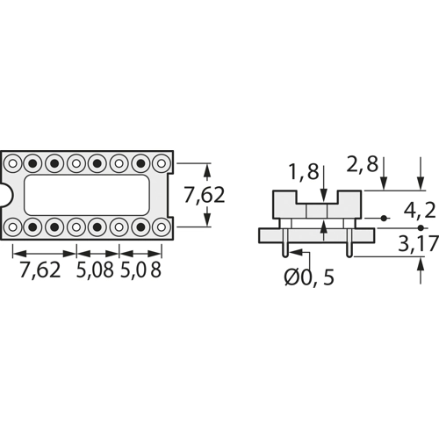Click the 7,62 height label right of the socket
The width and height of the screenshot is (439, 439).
pyautogui.click(x=204, y=195)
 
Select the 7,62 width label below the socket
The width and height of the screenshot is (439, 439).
pyautogui.click(x=40, y=270)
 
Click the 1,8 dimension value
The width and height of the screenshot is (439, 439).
pyautogui.click(x=304, y=172)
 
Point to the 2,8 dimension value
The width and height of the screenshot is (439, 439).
pyautogui.click(x=363, y=164)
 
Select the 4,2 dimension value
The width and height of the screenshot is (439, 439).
pyautogui.click(x=419, y=211)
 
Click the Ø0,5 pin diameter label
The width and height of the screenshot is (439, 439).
pyautogui.click(x=310, y=278)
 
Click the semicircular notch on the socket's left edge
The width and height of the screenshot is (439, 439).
pyautogui.click(x=5, y=195)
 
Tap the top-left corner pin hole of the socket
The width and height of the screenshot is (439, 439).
pyautogui.click(x=14, y=163)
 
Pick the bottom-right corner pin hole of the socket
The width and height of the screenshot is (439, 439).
pyautogui.click(x=161, y=227)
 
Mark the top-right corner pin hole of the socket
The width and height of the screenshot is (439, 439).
pyautogui.click(x=161, y=163)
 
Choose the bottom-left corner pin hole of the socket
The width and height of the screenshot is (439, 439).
pyautogui.click(x=14, y=227)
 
